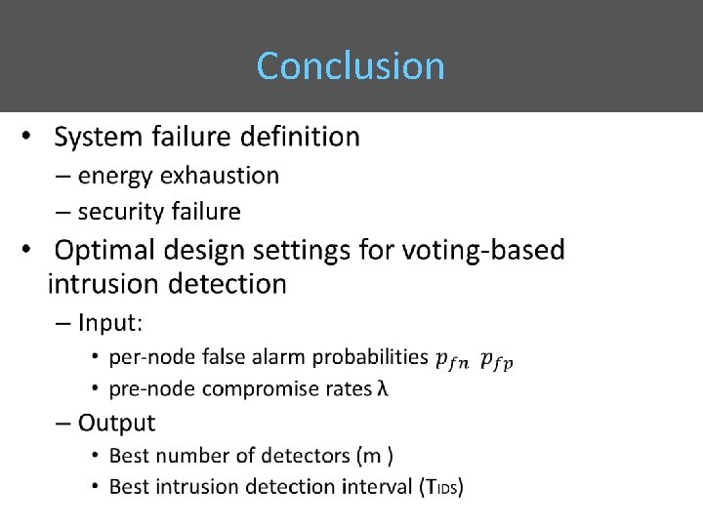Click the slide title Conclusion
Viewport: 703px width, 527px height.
351,66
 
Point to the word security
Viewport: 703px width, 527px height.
119,211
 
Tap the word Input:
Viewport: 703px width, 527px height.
110,322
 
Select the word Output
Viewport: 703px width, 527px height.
116,423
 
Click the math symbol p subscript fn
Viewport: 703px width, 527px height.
451,360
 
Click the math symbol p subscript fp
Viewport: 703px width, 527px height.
496,360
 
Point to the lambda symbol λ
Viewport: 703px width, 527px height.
382,388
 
